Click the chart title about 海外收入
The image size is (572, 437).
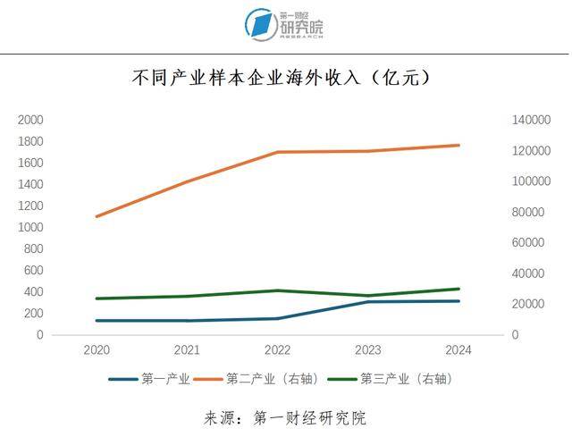point(282,79)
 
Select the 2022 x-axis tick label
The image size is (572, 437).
point(277,350)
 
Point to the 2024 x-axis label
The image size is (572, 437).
point(458,350)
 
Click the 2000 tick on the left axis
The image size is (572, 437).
point(30,120)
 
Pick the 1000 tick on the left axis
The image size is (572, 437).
point(30,227)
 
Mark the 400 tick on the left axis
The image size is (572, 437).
point(33,291)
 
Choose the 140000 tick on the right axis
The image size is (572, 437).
point(527,120)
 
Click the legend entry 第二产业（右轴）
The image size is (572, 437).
point(272,379)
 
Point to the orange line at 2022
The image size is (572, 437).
point(277,152)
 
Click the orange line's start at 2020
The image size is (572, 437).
point(96,216)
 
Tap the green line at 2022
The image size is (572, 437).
point(277,290)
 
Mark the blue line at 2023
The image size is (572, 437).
point(368,302)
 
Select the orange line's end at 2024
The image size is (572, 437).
point(458,145)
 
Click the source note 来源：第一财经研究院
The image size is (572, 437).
point(285,417)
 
